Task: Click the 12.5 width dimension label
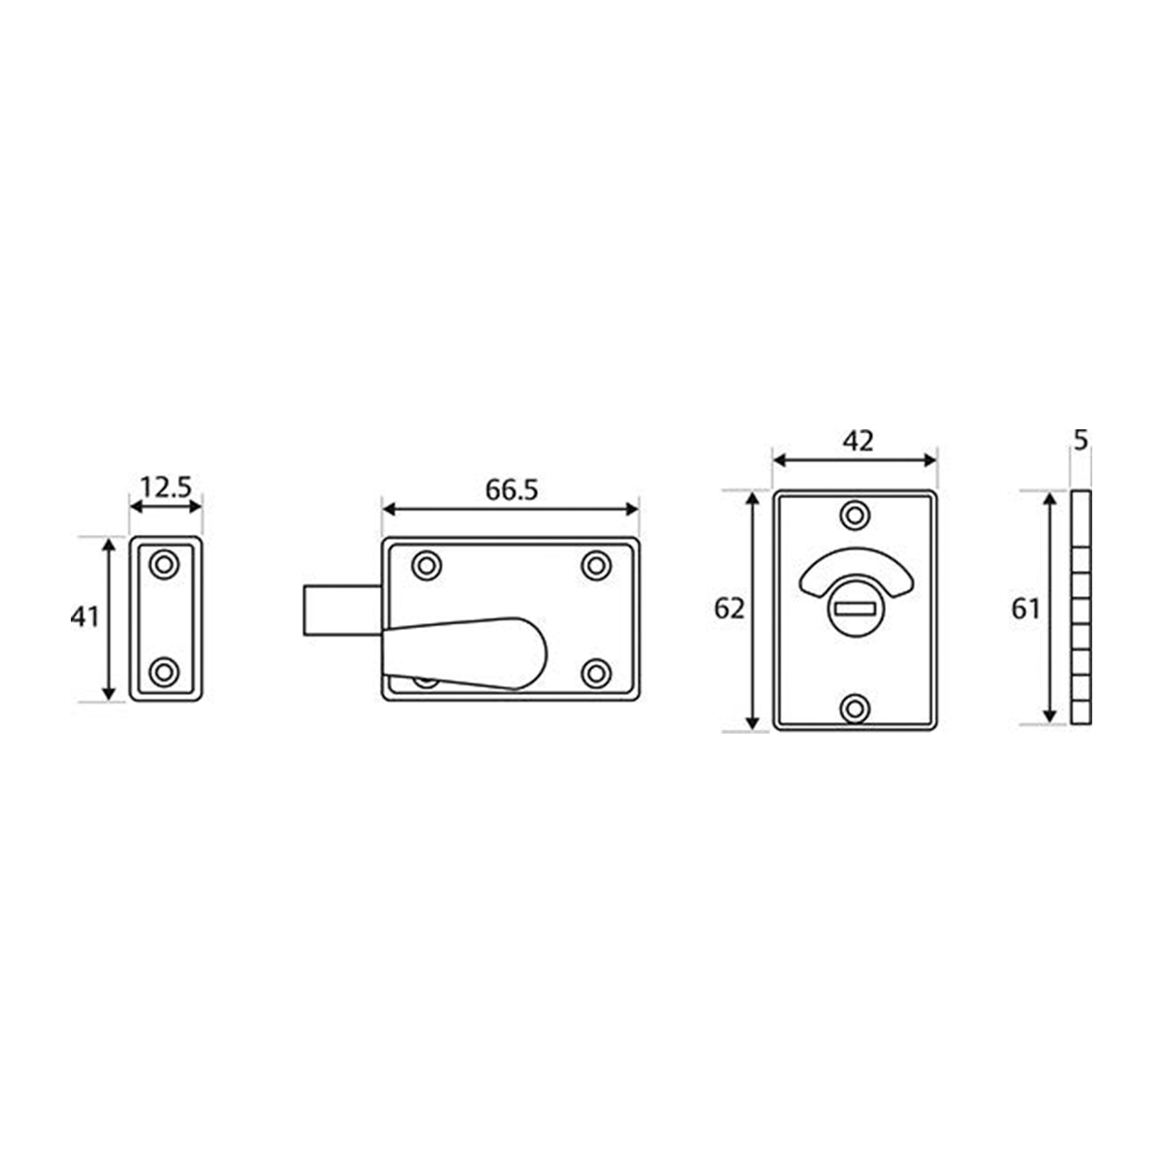[165, 487]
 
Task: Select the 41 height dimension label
[85, 617]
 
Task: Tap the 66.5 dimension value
[511, 490]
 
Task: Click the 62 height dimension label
[729, 610]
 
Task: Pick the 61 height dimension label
[1024, 610]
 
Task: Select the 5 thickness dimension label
[1082, 440]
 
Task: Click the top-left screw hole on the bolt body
[425, 565]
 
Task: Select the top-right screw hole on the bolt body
[596, 565]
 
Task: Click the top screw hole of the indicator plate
[854, 515]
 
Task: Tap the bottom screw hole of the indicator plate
[854, 708]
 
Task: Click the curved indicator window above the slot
[855, 572]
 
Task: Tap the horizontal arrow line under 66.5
[511, 509]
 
